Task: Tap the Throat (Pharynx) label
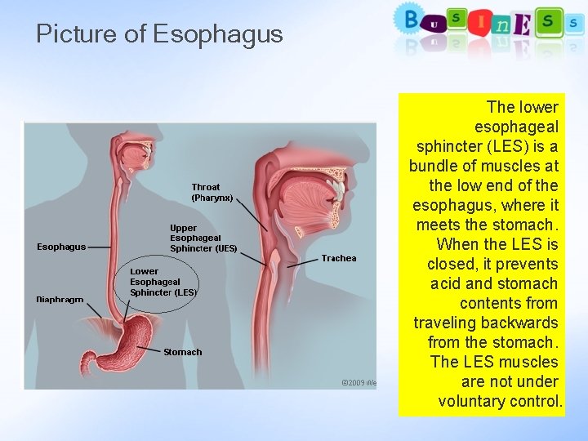click(x=212, y=192)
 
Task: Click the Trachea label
click(x=338, y=258)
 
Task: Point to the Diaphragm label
click(x=60, y=299)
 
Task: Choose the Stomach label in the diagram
click(x=182, y=352)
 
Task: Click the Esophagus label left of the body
click(x=61, y=247)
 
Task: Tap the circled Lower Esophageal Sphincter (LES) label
click(x=163, y=282)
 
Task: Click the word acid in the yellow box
click(x=447, y=283)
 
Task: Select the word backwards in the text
click(x=519, y=323)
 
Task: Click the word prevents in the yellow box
click(x=524, y=264)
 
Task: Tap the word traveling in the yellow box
click(x=446, y=323)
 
